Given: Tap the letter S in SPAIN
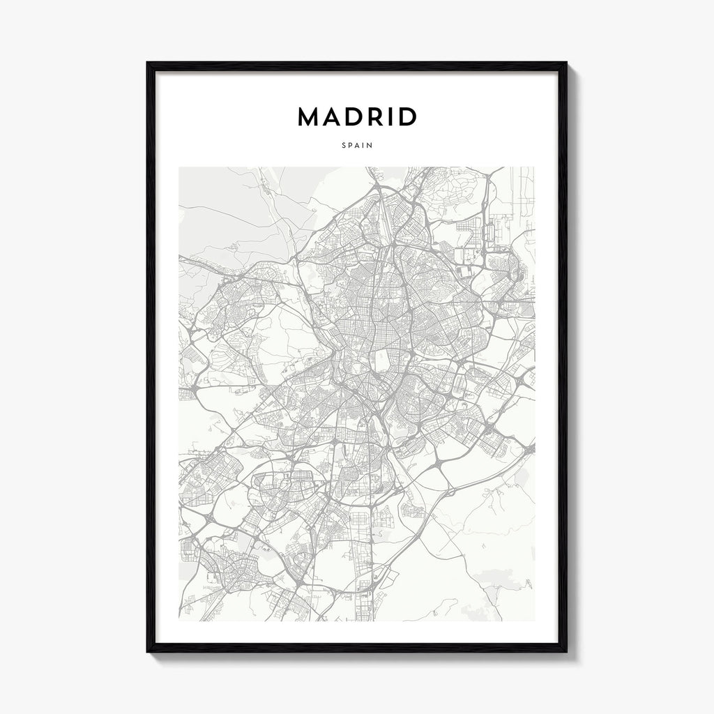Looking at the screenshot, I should (x=344, y=146).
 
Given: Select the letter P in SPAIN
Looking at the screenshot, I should (x=350, y=146).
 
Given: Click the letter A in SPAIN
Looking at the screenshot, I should (x=357, y=146).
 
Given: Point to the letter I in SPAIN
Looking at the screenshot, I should (x=363, y=146).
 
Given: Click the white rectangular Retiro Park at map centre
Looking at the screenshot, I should (x=383, y=360).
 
